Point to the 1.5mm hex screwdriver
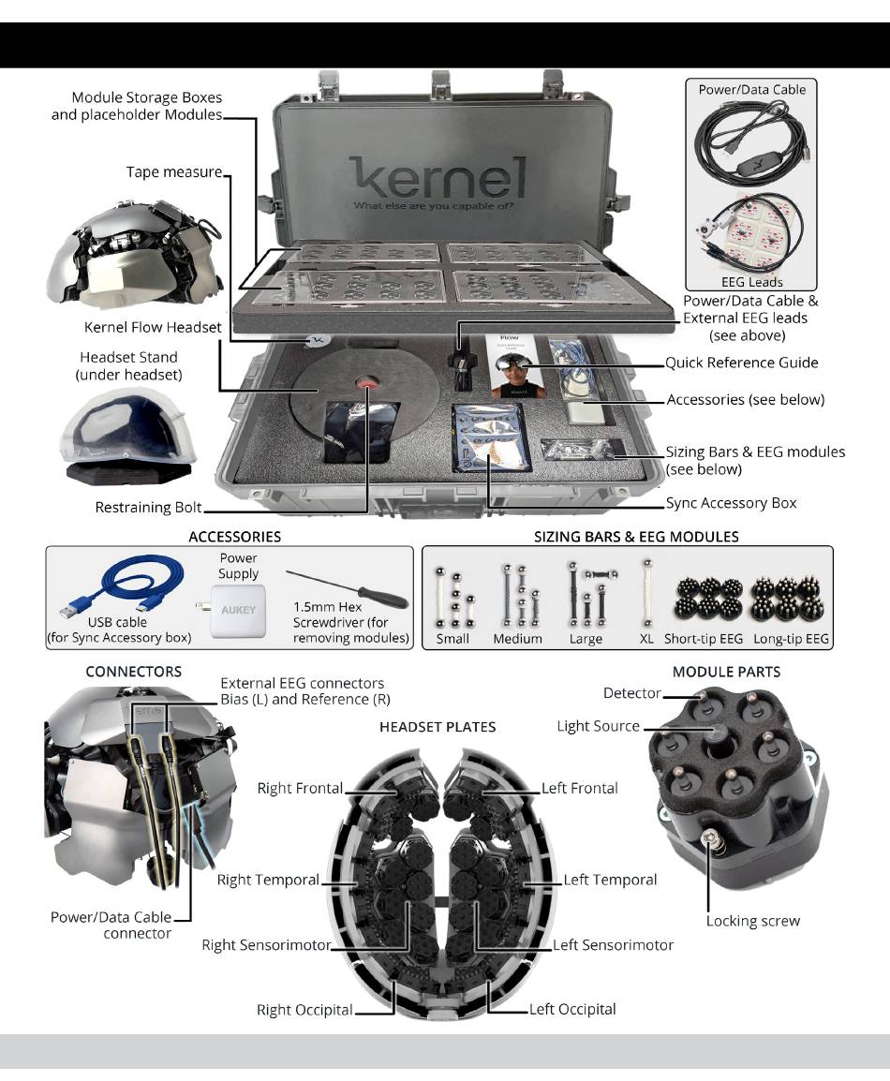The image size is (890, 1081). coord(347,587)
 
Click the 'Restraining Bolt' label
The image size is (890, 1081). coord(148,508)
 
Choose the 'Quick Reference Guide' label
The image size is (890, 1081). coord(741,363)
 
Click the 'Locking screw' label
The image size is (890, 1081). coord(752,921)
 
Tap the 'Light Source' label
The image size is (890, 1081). coord(598,726)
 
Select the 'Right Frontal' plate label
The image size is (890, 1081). coord(300,789)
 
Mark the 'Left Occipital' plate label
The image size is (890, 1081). coord(572,1009)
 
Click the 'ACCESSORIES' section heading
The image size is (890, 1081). coord(234,537)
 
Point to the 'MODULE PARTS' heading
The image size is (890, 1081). coord(725,672)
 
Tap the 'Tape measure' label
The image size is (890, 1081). coord(174,172)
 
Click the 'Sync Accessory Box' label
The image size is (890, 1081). coord(731,503)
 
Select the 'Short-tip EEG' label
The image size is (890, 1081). coord(703,639)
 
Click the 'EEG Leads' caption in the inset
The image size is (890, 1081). coord(752,281)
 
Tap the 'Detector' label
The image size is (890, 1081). coord(630,693)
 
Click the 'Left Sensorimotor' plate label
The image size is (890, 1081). coord(613,945)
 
